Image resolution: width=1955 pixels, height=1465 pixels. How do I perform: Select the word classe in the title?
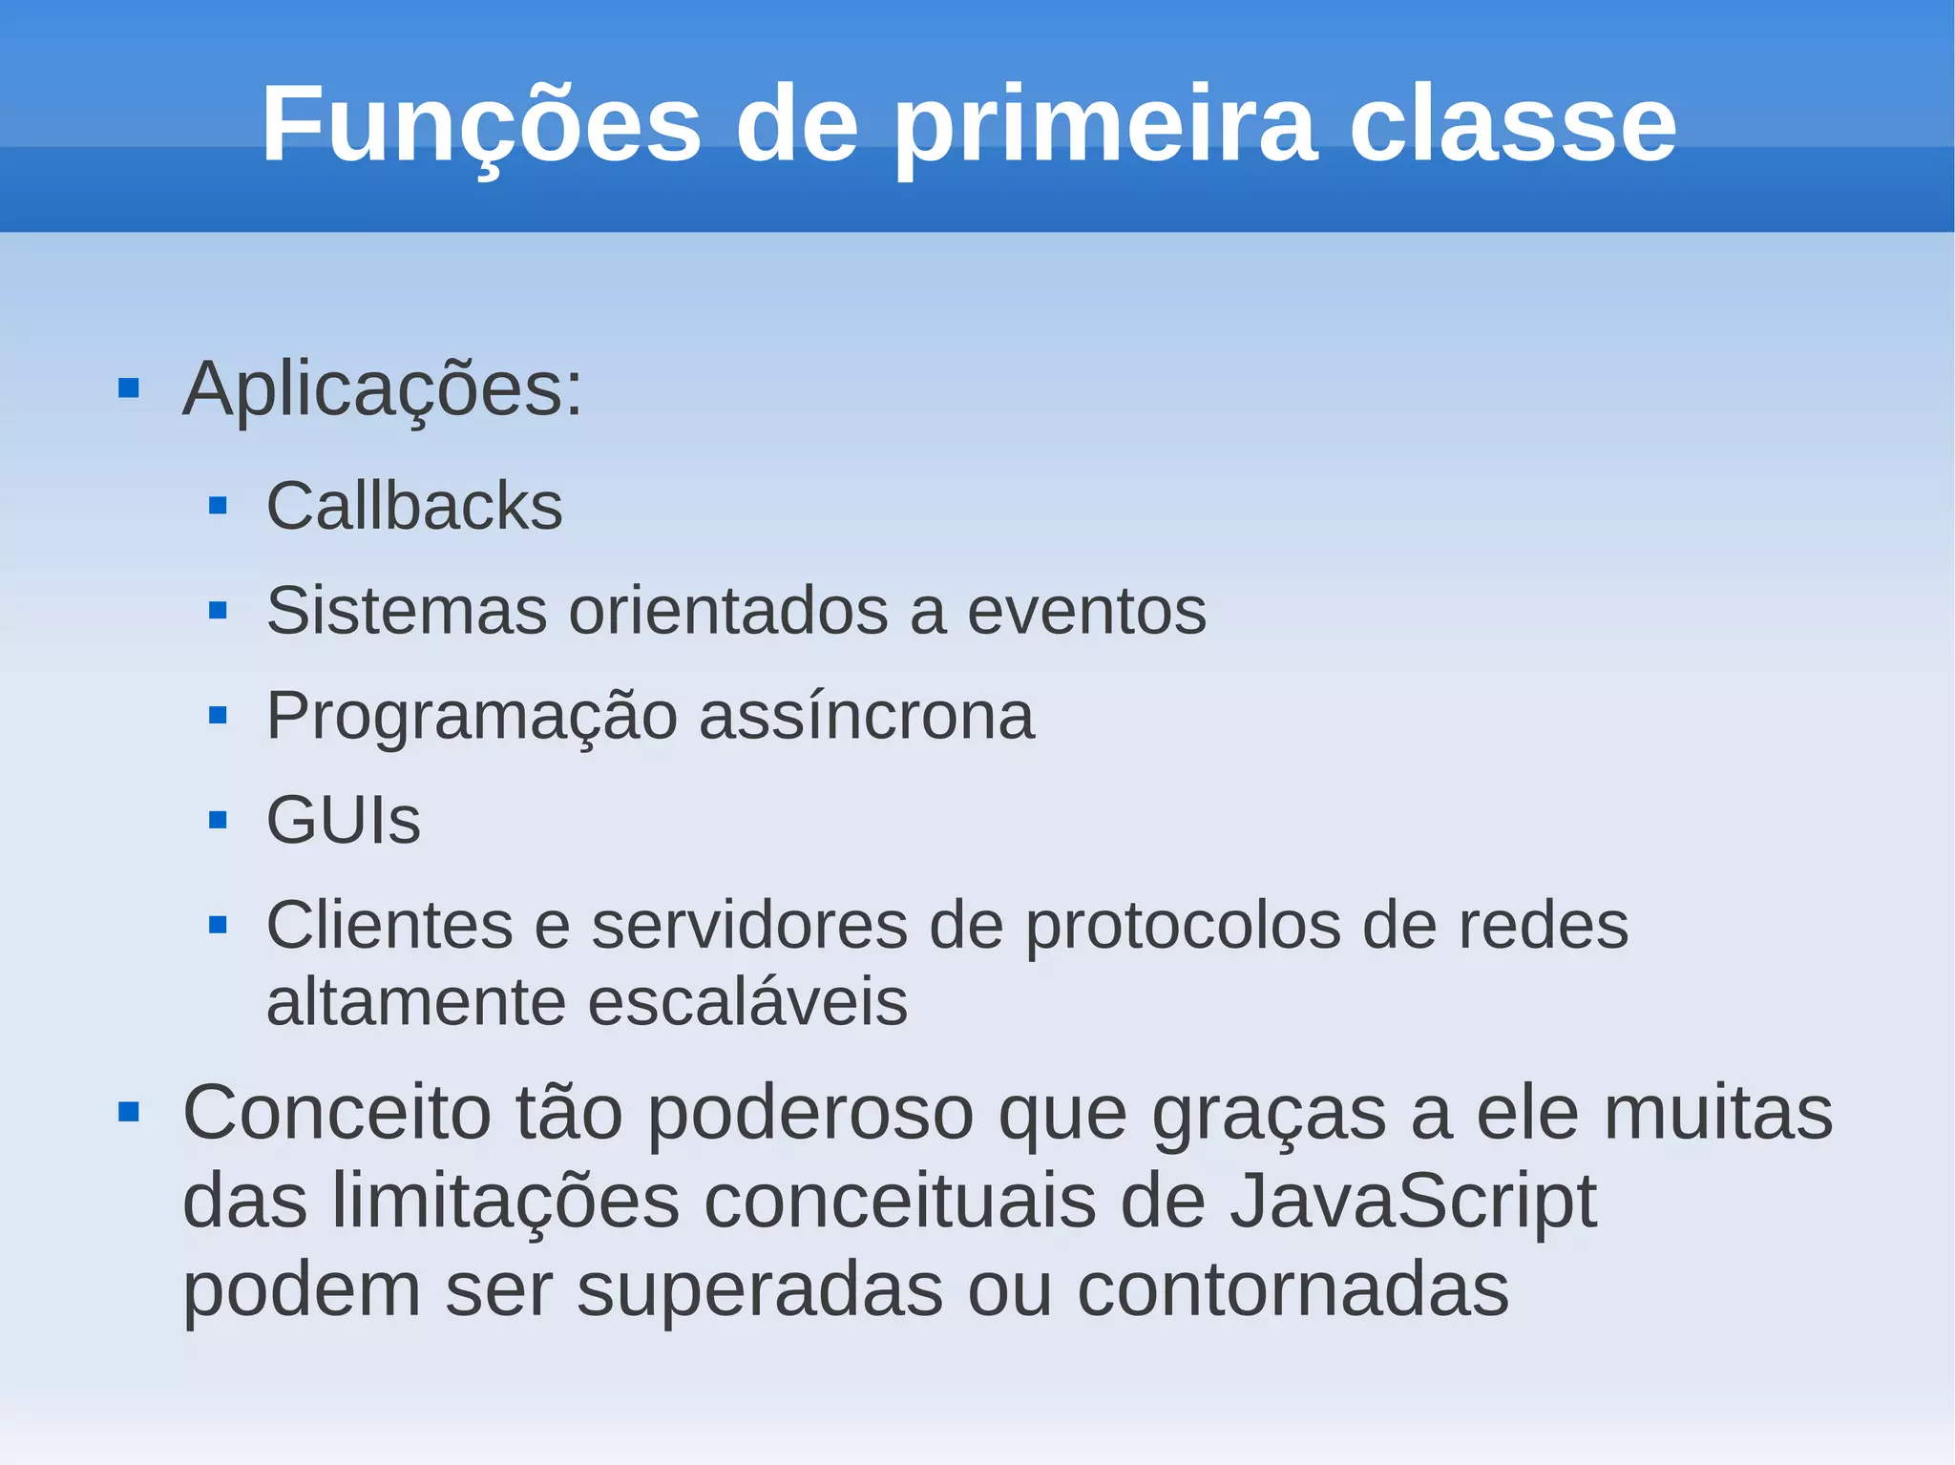[1512, 124]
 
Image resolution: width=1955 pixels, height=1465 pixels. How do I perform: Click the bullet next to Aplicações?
[129, 388]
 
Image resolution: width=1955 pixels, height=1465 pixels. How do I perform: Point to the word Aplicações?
[382, 388]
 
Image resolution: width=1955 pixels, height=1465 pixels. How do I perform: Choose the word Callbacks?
[414, 506]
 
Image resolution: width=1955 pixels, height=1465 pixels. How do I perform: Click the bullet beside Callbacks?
[218, 506]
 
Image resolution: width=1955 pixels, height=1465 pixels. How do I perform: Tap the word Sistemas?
[407, 611]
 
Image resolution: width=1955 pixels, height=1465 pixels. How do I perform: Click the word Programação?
[472, 716]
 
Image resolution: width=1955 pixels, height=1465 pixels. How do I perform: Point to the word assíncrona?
[867, 716]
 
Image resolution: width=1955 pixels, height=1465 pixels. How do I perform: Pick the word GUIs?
[344, 820]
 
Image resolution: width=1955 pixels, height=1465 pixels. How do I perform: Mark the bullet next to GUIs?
[218, 820]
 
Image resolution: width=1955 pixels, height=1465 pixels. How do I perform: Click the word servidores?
[749, 925]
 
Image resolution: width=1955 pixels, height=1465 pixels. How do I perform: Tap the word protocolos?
[1183, 925]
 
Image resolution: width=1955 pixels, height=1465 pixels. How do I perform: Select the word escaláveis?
[746, 1002]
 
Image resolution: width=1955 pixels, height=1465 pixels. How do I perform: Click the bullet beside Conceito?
[129, 1112]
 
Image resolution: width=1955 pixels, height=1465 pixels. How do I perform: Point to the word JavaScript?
[1413, 1201]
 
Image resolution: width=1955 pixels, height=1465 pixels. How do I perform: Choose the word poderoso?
[810, 1113]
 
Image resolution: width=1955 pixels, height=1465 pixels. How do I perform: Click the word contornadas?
[1293, 1289]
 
